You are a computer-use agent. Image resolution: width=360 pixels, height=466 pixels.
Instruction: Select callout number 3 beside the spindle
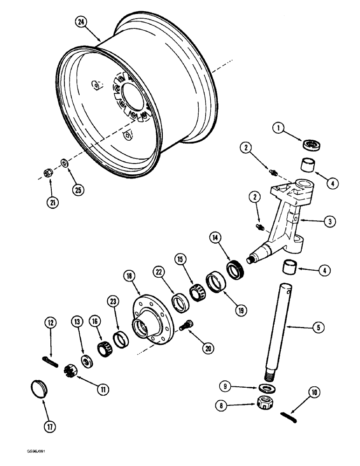tap(330, 222)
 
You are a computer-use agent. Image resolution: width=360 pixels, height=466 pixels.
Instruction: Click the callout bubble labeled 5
tap(318, 328)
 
